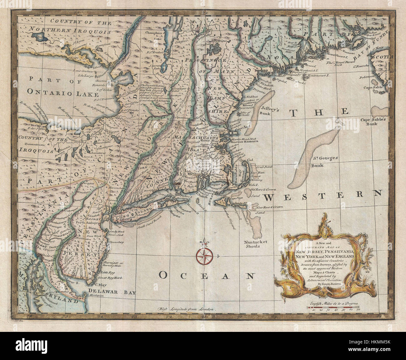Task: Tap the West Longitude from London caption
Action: point(186,308)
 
